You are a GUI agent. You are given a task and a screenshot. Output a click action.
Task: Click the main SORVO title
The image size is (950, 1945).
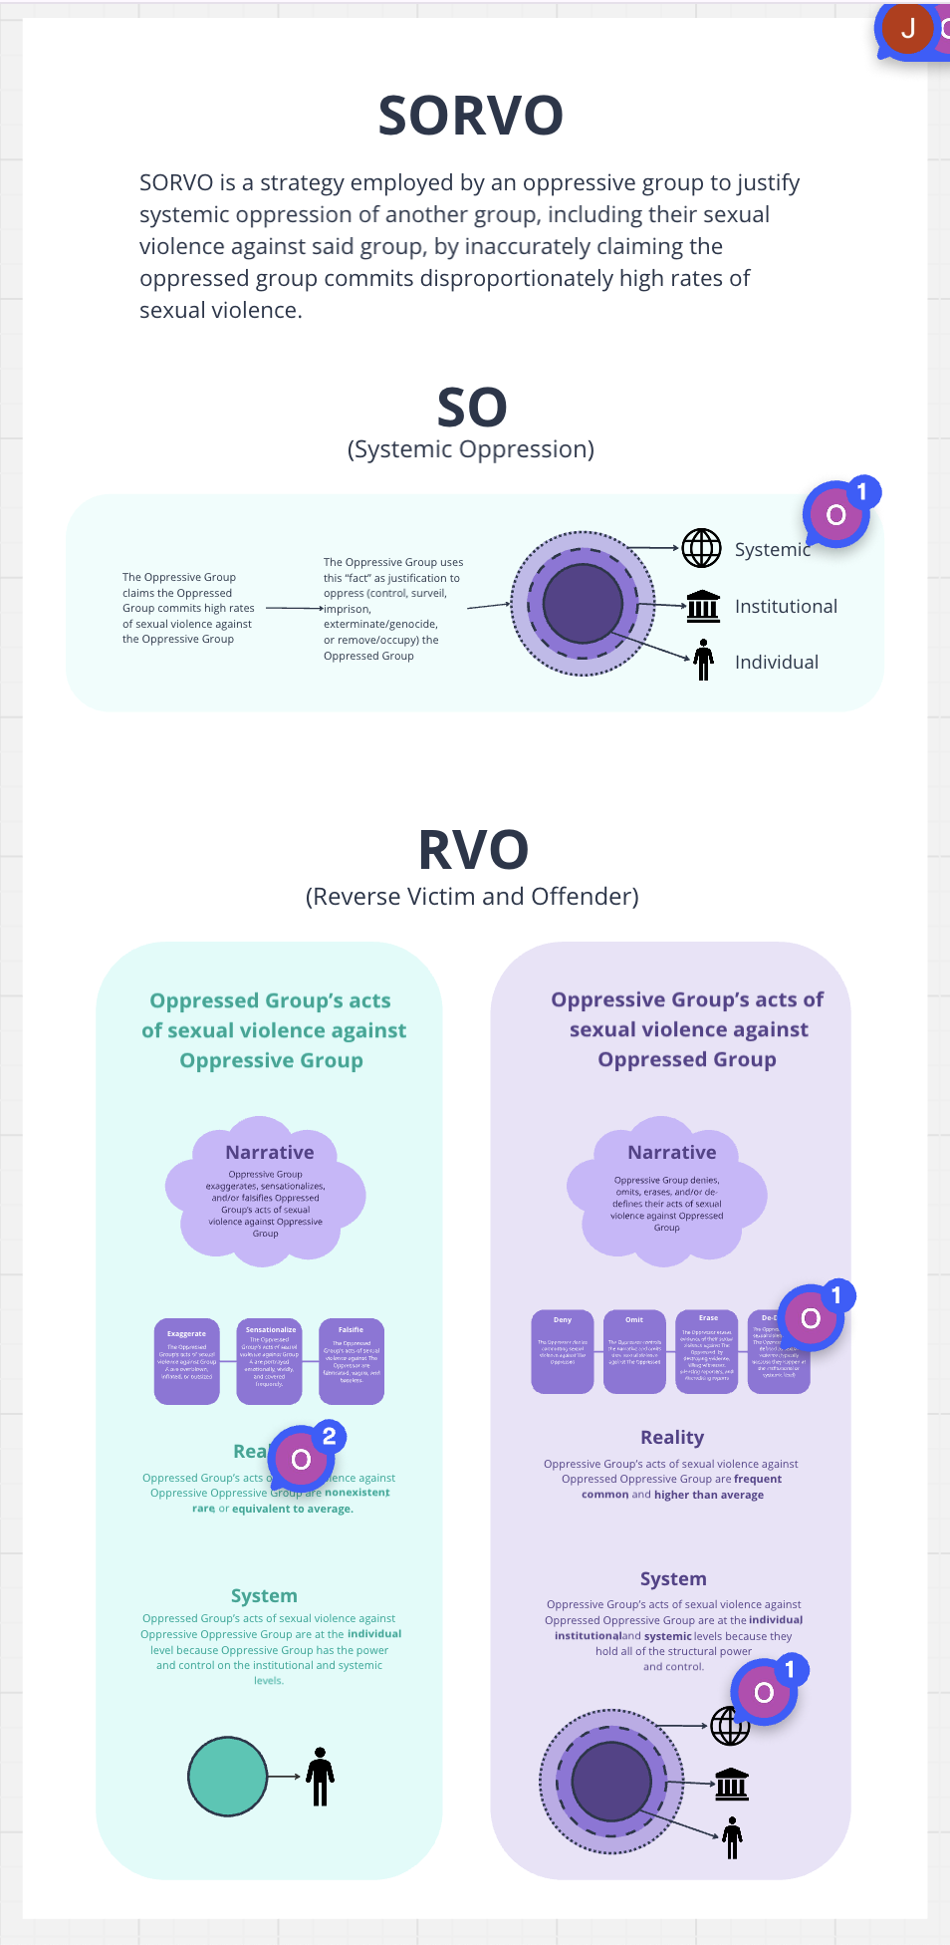point(471,116)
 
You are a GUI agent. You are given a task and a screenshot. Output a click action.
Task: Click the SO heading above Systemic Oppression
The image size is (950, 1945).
point(472,408)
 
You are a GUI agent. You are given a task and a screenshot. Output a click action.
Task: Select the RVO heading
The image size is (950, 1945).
point(473,850)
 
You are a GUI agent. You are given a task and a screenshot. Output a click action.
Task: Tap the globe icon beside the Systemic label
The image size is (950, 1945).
point(701,548)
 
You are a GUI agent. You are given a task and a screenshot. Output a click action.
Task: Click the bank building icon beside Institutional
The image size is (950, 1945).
point(703,605)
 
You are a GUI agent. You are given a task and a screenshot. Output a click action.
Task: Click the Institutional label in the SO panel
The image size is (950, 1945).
point(786,606)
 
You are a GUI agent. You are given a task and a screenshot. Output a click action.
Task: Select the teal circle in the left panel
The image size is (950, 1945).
point(228,1776)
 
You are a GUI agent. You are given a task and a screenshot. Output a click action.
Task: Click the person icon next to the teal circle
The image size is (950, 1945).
point(320,1776)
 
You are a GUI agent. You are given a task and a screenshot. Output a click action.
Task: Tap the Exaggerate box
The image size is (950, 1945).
point(187,1361)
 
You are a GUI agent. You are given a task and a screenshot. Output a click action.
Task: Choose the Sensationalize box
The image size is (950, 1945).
point(270,1361)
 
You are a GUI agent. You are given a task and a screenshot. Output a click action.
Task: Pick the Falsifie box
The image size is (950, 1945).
point(351,1361)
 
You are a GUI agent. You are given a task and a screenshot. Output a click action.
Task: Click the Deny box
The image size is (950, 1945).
point(563,1351)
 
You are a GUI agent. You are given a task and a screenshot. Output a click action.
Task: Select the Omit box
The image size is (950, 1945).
point(634,1351)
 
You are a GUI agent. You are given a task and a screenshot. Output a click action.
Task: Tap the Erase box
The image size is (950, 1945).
point(707,1351)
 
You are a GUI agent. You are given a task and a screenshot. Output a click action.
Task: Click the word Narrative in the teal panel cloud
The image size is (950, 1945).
point(269,1152)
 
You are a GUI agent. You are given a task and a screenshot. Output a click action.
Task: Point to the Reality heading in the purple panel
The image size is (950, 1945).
point(672,1437)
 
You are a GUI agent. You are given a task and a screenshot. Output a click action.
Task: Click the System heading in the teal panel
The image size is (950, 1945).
point(264,1595)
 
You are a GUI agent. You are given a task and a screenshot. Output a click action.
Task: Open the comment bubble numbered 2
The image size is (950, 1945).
point(302,1459)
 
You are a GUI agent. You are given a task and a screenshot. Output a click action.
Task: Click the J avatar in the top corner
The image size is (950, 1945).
point(907,28)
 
